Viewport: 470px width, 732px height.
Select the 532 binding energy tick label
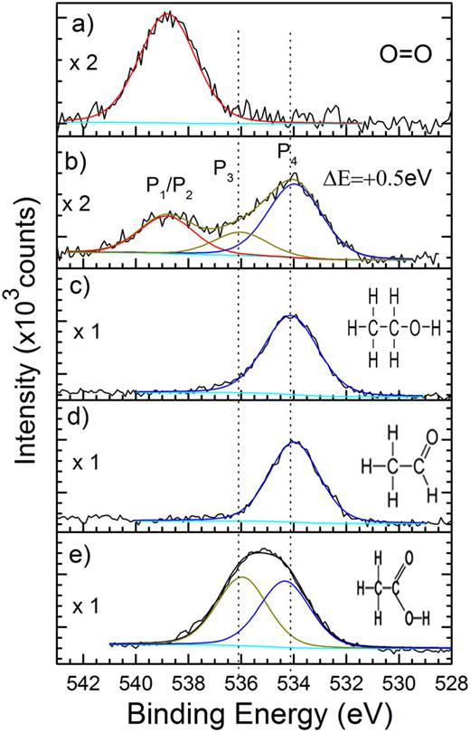345,680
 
